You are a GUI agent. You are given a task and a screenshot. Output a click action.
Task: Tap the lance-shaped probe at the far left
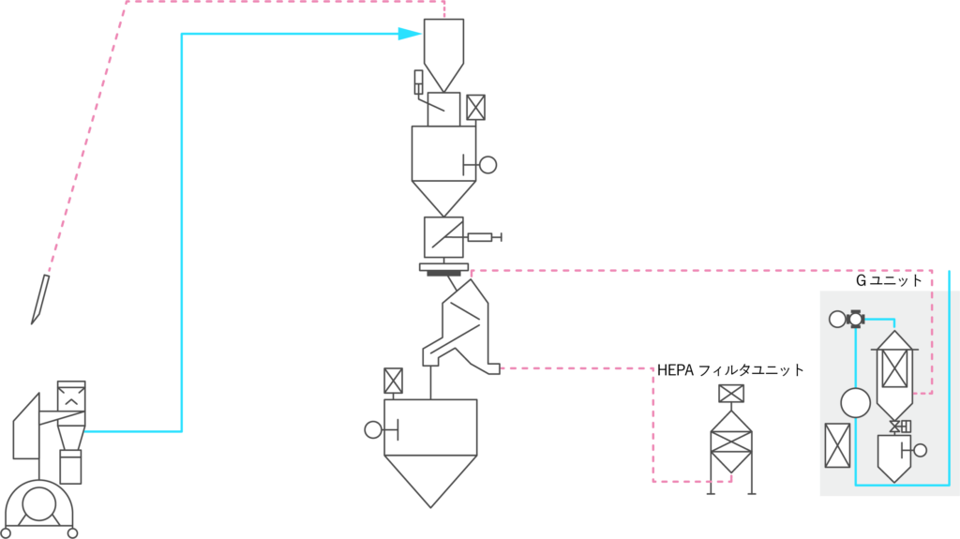40,299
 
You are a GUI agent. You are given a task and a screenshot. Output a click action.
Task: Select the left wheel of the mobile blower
6,532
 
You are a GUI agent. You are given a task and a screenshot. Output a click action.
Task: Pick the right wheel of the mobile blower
72,532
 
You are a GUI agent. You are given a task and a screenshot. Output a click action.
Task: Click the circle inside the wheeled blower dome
38,503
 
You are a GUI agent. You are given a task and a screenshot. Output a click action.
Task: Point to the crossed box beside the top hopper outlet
475,108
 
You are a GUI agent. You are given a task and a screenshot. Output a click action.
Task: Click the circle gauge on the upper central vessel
487,165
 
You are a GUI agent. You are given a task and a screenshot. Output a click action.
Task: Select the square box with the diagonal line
443,237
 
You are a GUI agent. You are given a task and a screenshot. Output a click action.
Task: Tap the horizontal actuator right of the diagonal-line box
482,237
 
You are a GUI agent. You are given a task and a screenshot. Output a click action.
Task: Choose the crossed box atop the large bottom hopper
393,381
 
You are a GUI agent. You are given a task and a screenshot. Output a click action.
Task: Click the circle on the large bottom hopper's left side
373,429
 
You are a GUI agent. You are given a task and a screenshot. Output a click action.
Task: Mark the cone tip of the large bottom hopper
430,504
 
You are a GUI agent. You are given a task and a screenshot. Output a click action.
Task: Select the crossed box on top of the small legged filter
731,394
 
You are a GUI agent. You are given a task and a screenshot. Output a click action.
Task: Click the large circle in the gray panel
855,403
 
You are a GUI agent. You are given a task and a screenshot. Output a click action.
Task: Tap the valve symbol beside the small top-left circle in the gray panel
855,319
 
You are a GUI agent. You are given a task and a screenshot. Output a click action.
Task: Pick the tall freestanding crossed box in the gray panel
837,445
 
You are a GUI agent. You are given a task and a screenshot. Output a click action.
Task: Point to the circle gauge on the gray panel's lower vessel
920,450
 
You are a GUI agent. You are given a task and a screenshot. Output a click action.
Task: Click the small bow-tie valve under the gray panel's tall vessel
895,427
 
